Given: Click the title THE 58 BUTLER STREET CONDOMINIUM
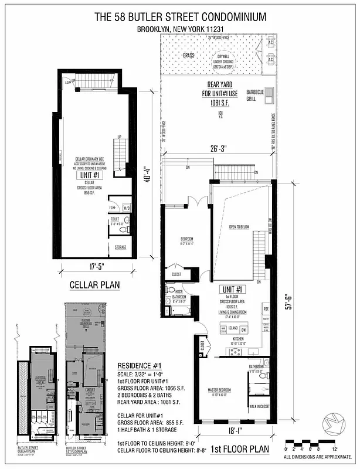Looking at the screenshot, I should pyautogui.click(x=179, y=17).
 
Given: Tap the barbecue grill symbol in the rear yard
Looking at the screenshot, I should pyautogui.click(x=269, y=95).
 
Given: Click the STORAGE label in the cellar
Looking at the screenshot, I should pyautogui.click(x=121, y=247).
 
